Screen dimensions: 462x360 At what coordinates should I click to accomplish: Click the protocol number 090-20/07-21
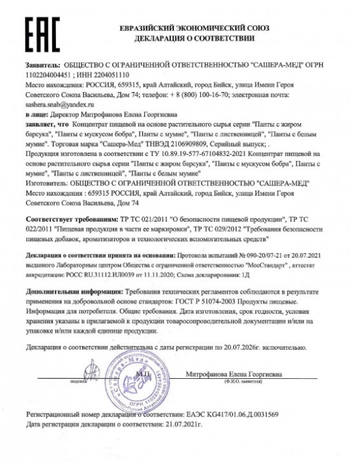(254, 256)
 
